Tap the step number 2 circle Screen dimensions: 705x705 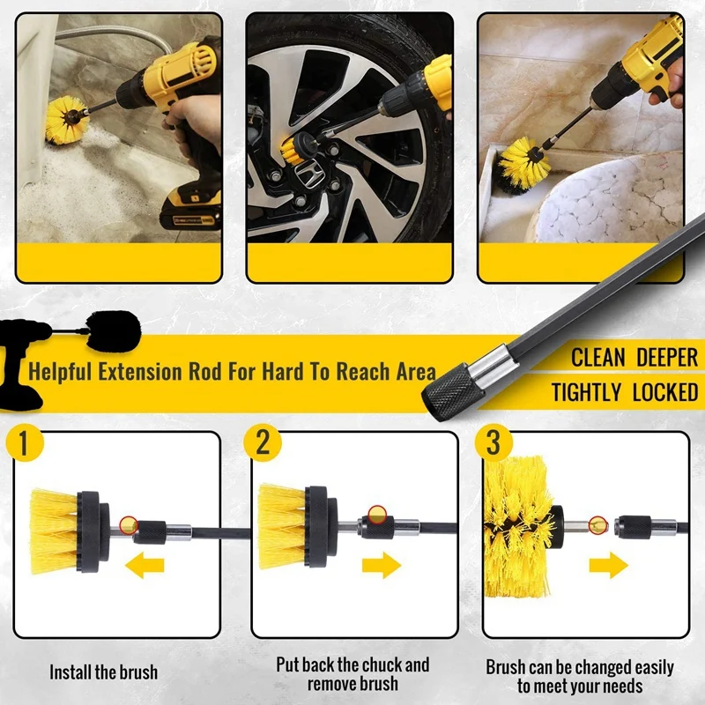[263, 442]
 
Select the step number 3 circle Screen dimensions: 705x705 [493, 442]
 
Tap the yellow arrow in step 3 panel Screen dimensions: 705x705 [608, 564]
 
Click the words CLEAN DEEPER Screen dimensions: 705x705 [634, 358]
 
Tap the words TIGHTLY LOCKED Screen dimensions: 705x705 [625, 393]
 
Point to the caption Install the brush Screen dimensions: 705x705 [103, 672]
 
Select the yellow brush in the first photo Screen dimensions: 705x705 [63, 119]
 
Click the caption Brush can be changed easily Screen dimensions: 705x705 [580, 667]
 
